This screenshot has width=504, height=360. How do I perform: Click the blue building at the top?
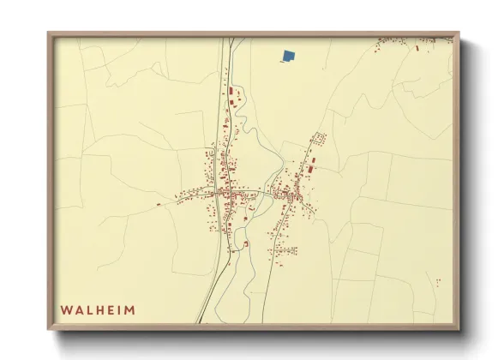click(289, 57)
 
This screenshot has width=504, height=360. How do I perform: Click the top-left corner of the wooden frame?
click(49, 33)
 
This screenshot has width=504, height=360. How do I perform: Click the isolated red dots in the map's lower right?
click(437, 281)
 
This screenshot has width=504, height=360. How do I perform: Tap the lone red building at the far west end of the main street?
click(158, 205)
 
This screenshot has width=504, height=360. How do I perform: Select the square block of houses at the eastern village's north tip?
click(320, 138)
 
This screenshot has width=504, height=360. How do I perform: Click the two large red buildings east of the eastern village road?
click(311, 163)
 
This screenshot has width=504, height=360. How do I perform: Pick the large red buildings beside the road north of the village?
click(231, 92)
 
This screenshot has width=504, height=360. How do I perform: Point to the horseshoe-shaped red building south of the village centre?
click(244, 244)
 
